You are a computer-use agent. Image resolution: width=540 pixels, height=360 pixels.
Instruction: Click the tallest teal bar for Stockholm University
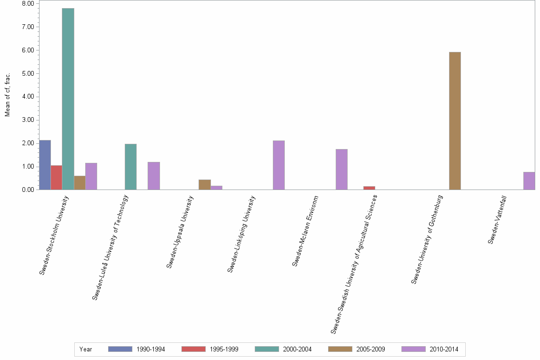pyautogui.click(x=68, y=99)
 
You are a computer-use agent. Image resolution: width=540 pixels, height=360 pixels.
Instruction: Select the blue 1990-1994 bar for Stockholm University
pyautogui.click(x=45, y=165)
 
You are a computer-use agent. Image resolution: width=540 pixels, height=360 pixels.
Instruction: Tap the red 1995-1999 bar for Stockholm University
pyautogui.click(x=56, y=178)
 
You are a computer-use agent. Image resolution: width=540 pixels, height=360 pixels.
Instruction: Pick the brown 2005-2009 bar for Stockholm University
pyautogui.click(x=80, y=183)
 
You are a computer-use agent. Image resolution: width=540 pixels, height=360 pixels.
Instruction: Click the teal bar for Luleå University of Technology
pyautogui.click(x=130, y=167)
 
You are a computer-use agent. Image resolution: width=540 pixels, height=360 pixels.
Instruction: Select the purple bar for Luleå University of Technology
pyautogui.click(x=154, y=176)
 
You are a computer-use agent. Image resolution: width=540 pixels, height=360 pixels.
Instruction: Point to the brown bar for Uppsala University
pyautogui.click(x=204, y=185)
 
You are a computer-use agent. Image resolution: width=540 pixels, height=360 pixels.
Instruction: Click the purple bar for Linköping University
pyautogui.click(x=279, y=165)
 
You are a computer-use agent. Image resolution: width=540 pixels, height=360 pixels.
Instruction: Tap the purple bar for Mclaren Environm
pyautogui.click(x=341, y=170)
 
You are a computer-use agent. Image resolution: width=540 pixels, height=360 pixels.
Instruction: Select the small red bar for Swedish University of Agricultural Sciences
pyautogui.click(x=369, y=188)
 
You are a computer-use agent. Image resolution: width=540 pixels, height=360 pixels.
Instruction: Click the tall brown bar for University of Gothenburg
pyautogui.click(x=455, y=121)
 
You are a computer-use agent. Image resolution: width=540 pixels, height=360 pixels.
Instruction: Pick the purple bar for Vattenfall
pyautogui.click(x=529, y=181)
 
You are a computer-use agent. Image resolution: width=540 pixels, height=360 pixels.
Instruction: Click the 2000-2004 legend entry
pyautogui.click(x=283, y=349)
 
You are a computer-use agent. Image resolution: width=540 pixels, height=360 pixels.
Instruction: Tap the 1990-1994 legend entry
pyautogui.click(x=137, y=349)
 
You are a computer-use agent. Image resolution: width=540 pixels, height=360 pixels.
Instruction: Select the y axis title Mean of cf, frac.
pyautogui.click(x=7, y=95)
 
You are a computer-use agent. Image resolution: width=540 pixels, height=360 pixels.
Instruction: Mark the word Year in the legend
pyautogui.click(x=86, y=349)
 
